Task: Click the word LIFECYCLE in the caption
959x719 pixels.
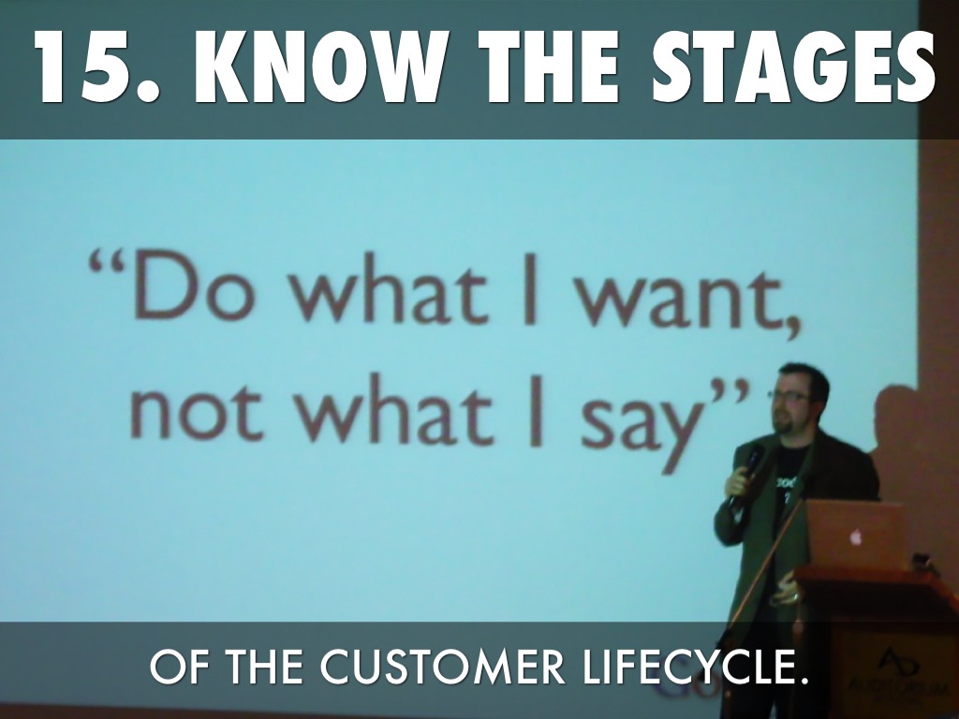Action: click(x=691, y=668)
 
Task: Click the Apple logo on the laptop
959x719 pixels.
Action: click(x=855, y=536)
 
